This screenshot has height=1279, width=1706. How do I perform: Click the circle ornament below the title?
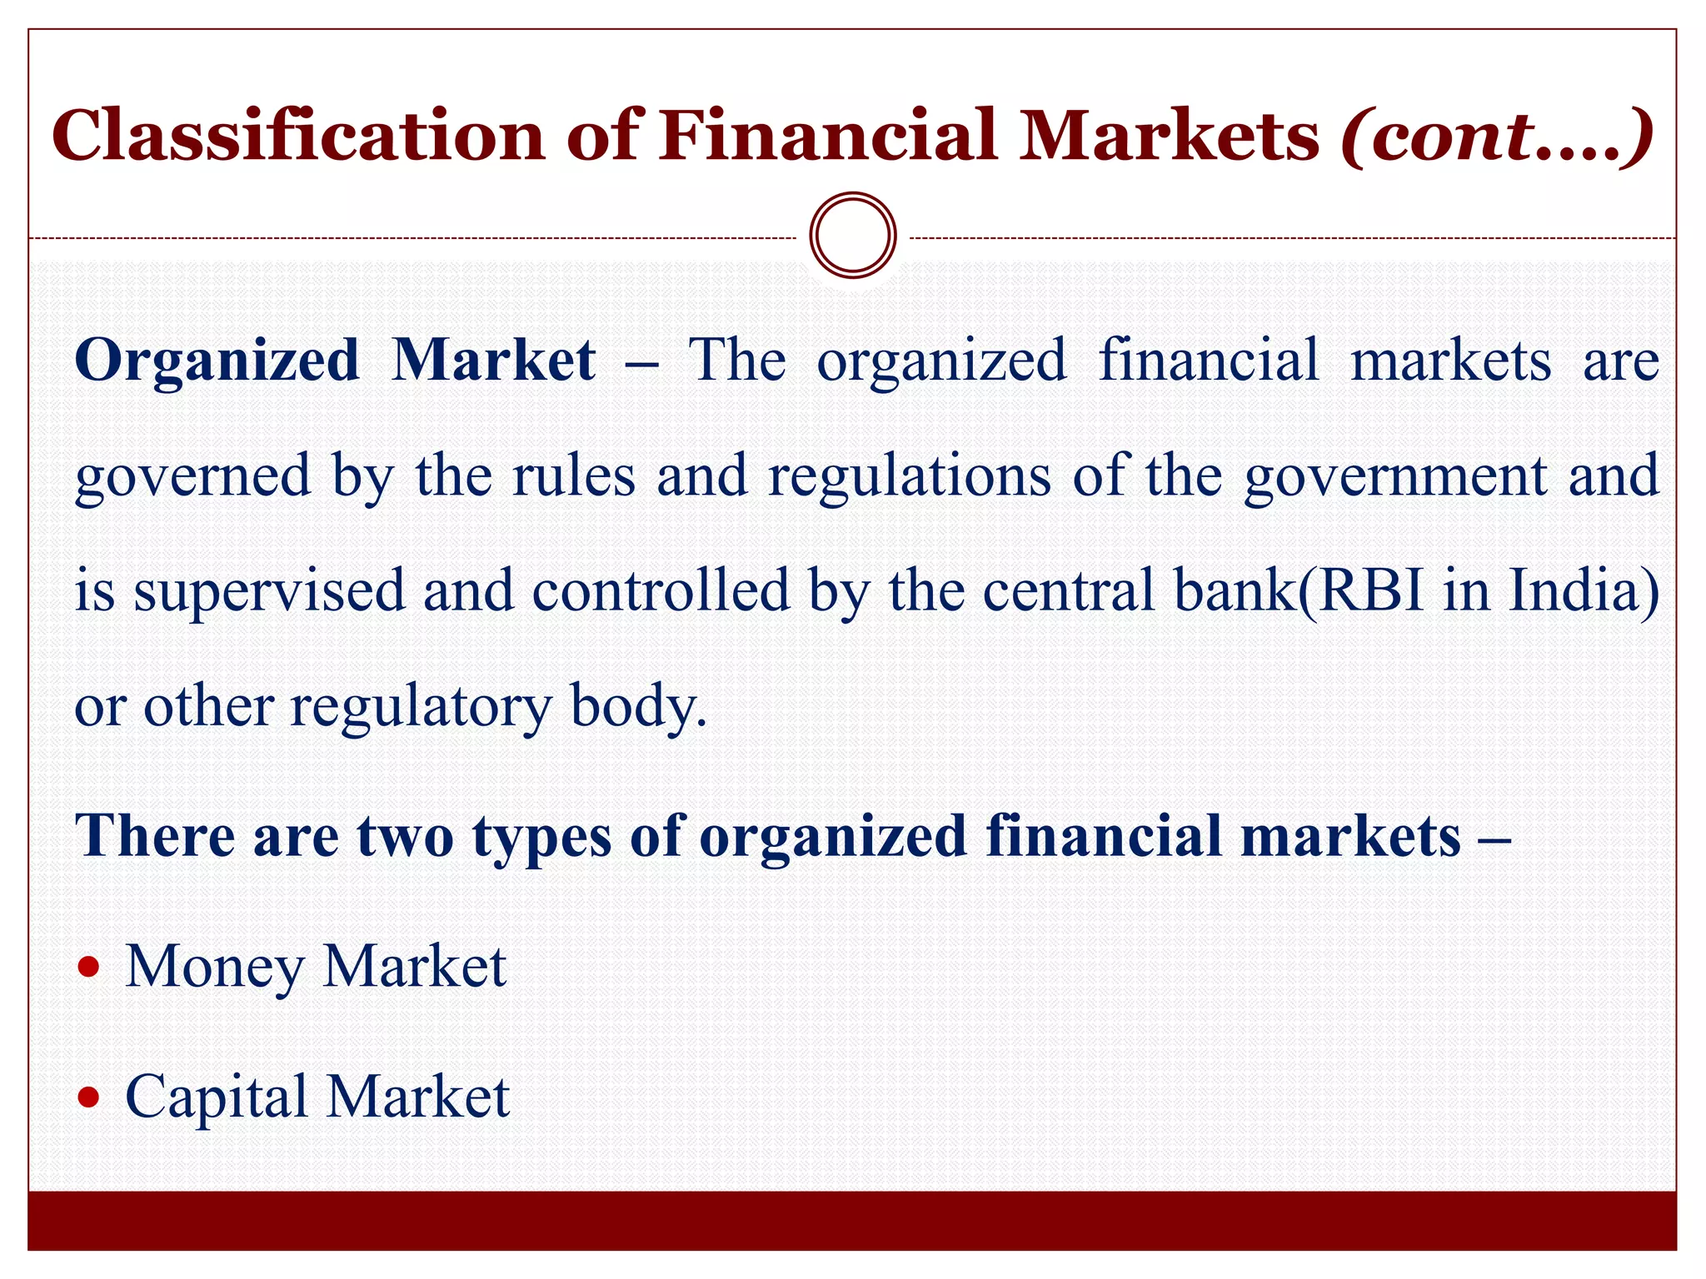(x=853, y=236)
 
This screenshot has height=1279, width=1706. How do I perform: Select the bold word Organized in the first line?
(x=217, y=361)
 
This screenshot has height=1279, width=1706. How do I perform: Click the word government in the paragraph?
(x=1396, y=477)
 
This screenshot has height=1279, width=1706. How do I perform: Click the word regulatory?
(x=421, y=706)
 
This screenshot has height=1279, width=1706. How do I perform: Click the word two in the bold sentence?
(x=406, y=835)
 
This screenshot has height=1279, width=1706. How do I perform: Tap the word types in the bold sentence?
(x=541, y=837)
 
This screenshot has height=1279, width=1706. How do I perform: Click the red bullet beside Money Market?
(x=88, y=968)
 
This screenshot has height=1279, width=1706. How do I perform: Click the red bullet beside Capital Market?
(x=88, y=1097)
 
